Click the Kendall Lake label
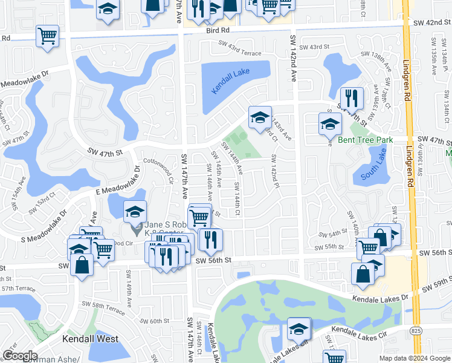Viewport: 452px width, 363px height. pyautogui.click(x=230, y=82)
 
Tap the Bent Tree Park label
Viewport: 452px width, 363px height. pyautogui.click(x=365, y=140)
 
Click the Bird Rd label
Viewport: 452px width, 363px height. pyautogui.click(x=218, y=30)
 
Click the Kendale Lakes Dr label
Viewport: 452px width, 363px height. pyautogui.click(x=379, y=297)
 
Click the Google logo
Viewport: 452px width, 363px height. pyautogui.click(x=20, y=356)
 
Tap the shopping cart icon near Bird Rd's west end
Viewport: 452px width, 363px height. pyautogui.click(x=47, y=36)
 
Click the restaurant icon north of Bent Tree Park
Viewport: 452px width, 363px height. pyautogui.click(x=351, y=99)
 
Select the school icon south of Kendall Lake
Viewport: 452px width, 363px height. pyautogui.click(x=260, y=118)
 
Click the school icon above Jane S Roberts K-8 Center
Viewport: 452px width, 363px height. pyautogui.click(x=135, y=212)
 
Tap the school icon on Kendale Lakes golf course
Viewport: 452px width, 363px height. pyautogui.click(x=299, y=329)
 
